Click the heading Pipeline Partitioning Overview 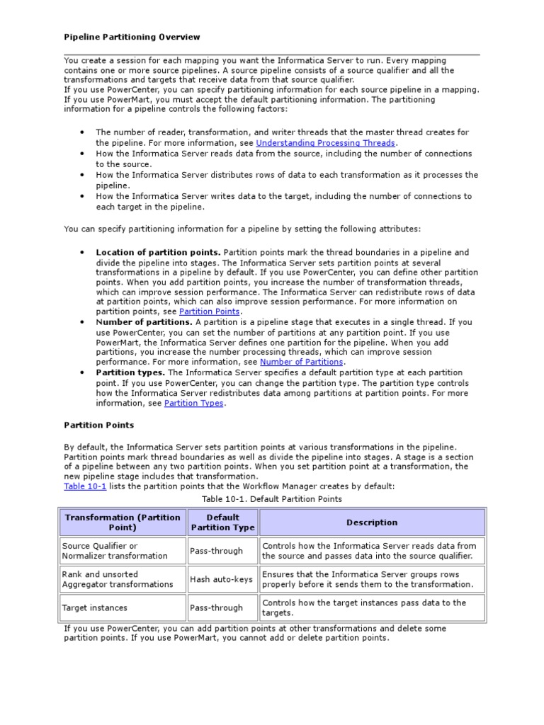pos(132,37)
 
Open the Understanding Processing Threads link pos(325,143)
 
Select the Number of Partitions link pos(301,362)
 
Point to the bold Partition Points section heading pos(98,426)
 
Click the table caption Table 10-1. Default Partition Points pos(272,499)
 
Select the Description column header pos(372,523)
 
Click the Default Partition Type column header pos(222,523)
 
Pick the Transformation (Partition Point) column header pos(123,523)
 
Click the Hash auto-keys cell pos(221,579)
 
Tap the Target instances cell pos(95,607)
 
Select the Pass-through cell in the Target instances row pos(216,607)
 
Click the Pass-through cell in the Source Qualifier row pos(216,551)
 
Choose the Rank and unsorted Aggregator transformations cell pos(118,579)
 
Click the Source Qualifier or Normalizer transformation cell pos(115,551)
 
